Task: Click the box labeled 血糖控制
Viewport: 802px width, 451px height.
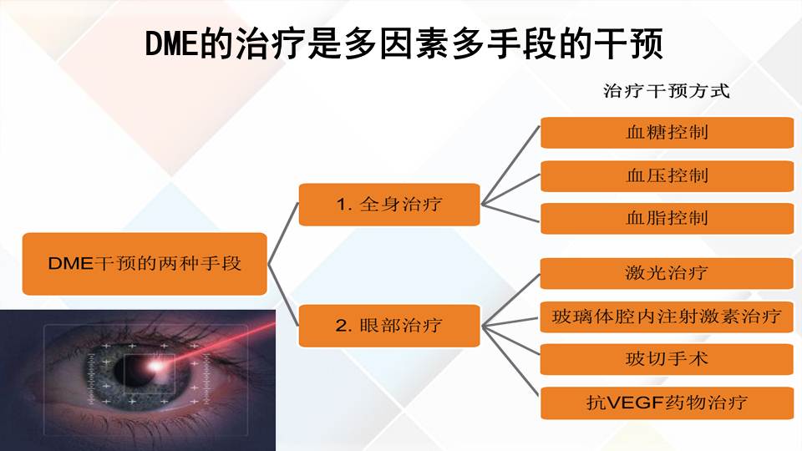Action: click(667, 132)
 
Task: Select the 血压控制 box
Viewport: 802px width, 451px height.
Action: click(667, 175)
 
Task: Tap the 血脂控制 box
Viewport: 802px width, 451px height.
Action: click(667, 218)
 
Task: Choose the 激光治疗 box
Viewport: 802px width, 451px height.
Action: click(667, 273)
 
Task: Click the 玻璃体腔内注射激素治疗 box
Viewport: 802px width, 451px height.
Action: click(667, 317)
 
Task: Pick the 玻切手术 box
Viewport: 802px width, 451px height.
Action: click(667, 359)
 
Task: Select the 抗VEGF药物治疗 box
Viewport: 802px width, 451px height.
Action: click(667, 403)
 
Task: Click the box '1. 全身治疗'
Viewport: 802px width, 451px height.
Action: click(389, 204)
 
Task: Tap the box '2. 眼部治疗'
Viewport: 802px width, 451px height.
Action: click(389, 325)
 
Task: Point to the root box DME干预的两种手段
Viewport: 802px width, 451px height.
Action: click(145, 263)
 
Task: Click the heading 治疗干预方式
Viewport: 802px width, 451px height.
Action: click(666, 91)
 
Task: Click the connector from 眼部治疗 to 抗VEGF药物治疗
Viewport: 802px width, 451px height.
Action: click(511, 364)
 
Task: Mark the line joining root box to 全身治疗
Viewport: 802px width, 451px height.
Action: click(284, 233)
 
